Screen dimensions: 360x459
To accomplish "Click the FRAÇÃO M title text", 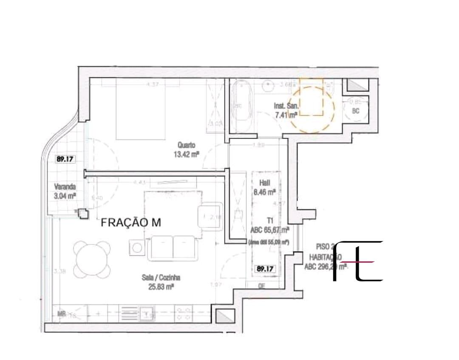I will point(131,223).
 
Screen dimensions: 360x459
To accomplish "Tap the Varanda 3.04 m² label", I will point(65,191).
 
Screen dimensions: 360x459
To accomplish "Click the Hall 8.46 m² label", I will point(265,188).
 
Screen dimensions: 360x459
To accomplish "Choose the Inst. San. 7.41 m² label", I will point(287,110).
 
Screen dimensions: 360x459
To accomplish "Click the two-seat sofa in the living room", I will point(173,248).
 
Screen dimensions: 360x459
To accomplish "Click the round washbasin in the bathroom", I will point(269,86).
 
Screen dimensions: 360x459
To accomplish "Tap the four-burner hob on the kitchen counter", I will point(184,314).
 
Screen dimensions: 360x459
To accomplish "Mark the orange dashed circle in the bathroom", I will point(312,108).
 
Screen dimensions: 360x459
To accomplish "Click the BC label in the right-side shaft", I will point(356,111).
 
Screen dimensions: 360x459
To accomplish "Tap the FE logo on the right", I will point(359,261).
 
